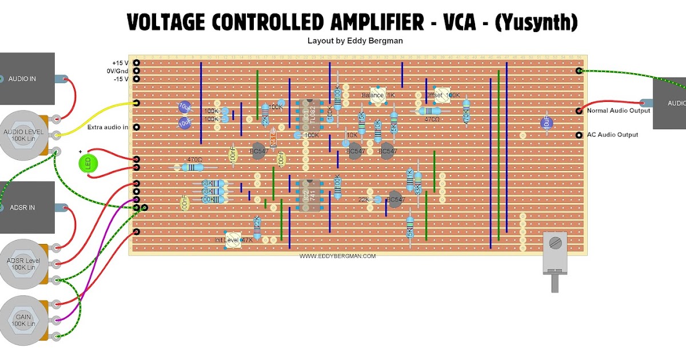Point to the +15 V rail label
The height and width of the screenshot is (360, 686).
(121, 63)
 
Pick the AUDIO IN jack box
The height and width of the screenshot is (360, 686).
(27, 78)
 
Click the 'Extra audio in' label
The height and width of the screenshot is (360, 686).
(107, 127)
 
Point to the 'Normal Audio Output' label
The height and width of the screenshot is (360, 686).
(619, 110)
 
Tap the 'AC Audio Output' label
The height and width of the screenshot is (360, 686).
(612, 135)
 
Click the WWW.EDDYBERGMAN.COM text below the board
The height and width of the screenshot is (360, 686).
(337, 257)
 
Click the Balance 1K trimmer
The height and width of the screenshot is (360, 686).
(376, 95)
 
